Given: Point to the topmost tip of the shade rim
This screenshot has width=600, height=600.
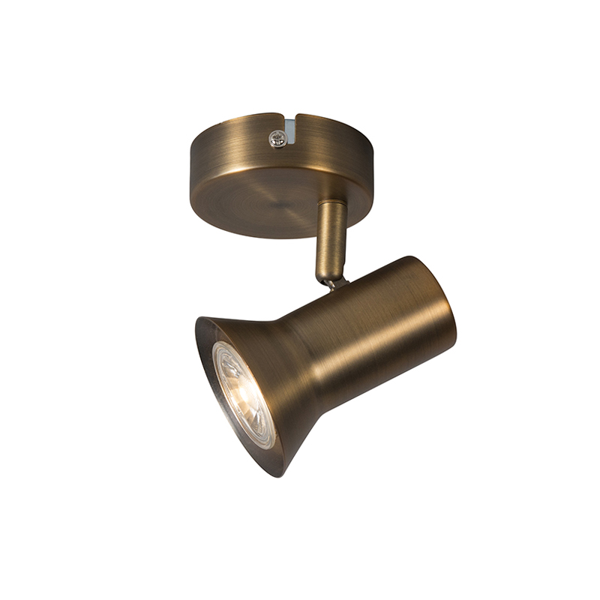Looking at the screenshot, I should tap(201, 318).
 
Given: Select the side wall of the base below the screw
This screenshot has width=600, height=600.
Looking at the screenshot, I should tap(277, 161).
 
